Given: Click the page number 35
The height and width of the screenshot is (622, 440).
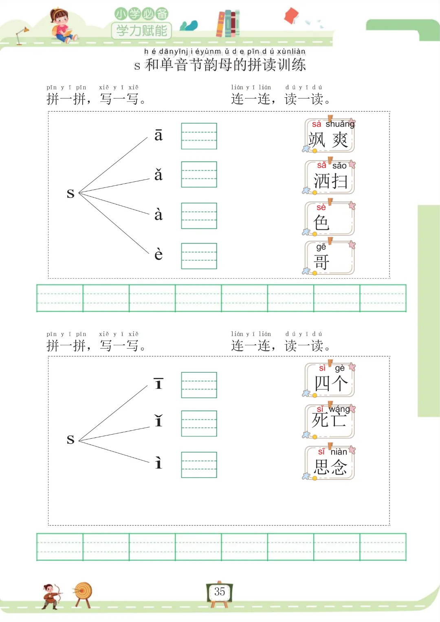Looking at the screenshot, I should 220,591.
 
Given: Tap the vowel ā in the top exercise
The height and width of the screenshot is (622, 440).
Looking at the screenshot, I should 158,135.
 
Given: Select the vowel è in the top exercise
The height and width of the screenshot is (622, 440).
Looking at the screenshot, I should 158,255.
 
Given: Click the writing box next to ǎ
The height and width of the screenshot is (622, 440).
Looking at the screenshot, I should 199,174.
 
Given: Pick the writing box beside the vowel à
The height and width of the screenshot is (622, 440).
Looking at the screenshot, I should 199,216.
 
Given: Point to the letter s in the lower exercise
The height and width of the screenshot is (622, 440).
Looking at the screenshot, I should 70,439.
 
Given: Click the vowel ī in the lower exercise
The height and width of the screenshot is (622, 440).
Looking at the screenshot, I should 158,384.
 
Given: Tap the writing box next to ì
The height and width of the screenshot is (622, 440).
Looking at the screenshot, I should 199,465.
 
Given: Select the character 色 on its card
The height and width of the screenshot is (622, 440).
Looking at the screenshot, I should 321,223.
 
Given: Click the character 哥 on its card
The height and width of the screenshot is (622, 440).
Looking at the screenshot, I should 321,262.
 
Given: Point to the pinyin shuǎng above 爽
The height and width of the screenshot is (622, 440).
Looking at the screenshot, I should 340,124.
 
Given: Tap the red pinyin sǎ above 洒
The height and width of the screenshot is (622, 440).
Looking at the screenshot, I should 321,165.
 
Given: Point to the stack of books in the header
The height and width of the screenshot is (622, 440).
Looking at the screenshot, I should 228,24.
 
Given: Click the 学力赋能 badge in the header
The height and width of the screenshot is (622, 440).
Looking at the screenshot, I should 141,31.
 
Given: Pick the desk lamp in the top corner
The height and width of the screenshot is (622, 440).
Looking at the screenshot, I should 21,35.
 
